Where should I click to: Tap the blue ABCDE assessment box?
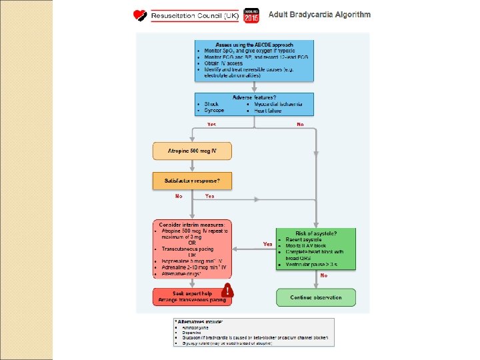(255, 61)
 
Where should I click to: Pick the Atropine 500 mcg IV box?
(193, 151)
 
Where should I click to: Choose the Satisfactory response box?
(193, 181)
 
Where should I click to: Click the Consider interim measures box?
(193, 249)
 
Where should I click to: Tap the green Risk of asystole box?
(315, 249)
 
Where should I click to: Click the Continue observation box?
(315, 297)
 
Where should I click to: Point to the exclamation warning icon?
(229, 291)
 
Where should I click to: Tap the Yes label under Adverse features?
(211, 125)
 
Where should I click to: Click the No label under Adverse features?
(300, 125)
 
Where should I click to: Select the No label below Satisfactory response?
(179, 197)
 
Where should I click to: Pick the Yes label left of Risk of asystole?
(268, 244)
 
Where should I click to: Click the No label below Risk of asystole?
(324, 275)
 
